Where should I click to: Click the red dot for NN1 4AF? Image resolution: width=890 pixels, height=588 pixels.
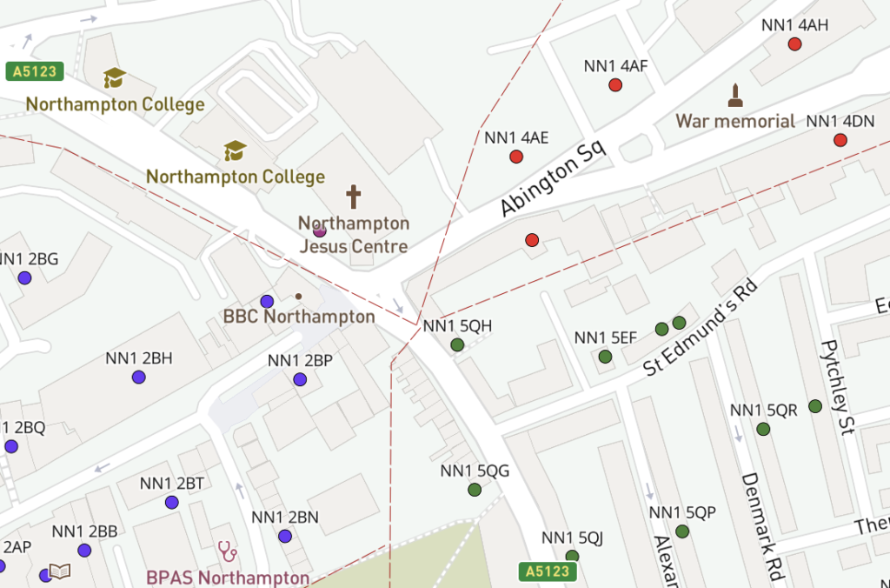click(615, 85)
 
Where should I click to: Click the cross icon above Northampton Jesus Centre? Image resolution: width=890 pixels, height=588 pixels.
click(354, 196)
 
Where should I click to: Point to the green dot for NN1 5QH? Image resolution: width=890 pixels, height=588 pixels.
click(457, 344)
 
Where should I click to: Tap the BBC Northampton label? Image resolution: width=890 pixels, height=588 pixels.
click(299, 317)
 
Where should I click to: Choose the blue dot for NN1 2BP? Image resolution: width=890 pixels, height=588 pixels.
click(300, 379)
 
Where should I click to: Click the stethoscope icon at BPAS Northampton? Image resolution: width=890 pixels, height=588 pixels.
click(228, 551)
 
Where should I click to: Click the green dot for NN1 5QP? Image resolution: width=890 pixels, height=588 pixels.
click(682, 531)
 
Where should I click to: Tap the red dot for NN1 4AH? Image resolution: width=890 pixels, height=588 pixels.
click(794, 44)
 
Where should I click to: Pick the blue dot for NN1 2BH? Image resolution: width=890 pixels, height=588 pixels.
click(138, 377)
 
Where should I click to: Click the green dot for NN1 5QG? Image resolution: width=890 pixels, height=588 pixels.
click(475, 490)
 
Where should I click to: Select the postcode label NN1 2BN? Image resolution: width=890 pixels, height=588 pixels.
click(285, 518)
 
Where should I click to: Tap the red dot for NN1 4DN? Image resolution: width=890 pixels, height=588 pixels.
click(840, 140)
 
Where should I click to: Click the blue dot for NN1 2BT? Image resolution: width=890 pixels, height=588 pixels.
click(171, 502)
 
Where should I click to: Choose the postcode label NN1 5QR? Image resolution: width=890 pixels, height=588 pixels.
click(764, 411)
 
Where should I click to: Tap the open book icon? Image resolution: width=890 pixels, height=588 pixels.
click(59, 571)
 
